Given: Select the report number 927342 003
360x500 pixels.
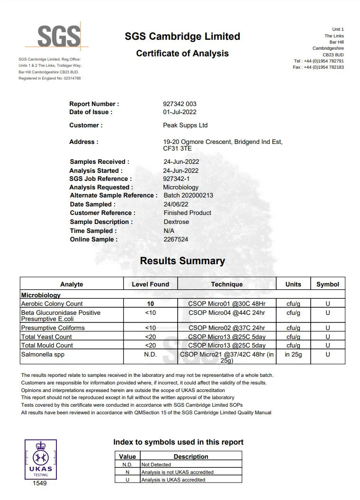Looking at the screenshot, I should [179, 104].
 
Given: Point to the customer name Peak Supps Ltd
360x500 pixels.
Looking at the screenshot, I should [185, 125].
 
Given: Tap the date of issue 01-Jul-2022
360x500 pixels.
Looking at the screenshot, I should [180, 112].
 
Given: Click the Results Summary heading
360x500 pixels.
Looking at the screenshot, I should [182, 261].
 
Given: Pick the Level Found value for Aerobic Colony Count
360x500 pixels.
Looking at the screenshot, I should [150, 304].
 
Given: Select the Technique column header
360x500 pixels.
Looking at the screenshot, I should [226, 284].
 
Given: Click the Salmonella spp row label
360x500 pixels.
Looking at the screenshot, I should [41, 354].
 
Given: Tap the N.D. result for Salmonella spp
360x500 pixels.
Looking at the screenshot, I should [150, 354].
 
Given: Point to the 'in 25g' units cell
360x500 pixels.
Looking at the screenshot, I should [293, 354].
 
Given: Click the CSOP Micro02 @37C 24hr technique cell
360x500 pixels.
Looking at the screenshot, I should [226, 328].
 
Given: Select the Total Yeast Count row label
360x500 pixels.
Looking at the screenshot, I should [46, 337].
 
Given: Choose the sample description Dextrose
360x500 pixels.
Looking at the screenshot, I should [176, 222].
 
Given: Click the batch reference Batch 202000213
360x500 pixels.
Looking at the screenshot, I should [188, 196].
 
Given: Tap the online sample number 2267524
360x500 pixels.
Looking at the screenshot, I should [176, 239].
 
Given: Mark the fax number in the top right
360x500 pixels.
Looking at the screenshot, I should [318, 67].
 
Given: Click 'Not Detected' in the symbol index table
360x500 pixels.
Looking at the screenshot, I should [156, 464].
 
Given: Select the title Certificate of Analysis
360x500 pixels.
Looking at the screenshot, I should [182, 54].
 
